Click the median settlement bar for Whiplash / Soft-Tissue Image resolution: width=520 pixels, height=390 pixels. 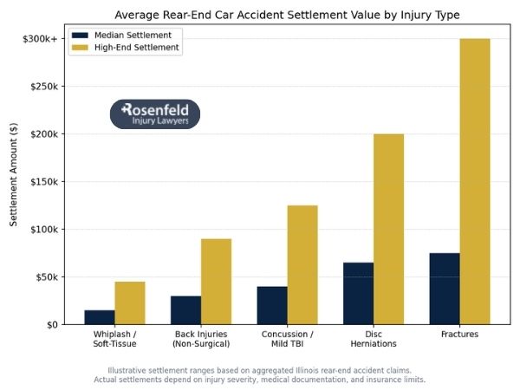pyautogui.click(x=100, y=317)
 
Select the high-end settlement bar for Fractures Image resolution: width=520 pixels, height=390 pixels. pyautogui.click(x=475, y=182)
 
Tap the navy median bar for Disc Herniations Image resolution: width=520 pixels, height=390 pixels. pyautogui.click(x=358, y=294)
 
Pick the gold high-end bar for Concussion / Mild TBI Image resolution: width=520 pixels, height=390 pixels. pyautogui.click(x=302, y=265)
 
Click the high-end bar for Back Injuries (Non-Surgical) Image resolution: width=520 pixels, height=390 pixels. pyautogui.click(x=216, y=282)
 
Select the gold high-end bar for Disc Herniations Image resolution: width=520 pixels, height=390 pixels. pyautogui.click(x=388, y=230)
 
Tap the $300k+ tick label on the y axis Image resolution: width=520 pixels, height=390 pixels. pyautogui.click(x=39, y=39)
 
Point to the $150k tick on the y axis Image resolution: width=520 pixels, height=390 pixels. pyautogui.click(x=43, y=182)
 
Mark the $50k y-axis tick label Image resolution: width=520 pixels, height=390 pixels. pyautogui.click(x=45, y=277)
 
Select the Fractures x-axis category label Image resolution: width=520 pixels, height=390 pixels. pyautogui.click(x=459, y=335)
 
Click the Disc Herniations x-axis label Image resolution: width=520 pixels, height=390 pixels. pyautogui.click(x=374, y=339)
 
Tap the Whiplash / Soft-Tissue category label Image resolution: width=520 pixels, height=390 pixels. pyautogui.click(x=114, y=339)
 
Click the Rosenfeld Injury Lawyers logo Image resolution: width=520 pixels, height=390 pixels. pyautogui.click(x=155, y=114)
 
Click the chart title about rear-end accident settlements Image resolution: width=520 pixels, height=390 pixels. pyautogui.click(x=287, y=15)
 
